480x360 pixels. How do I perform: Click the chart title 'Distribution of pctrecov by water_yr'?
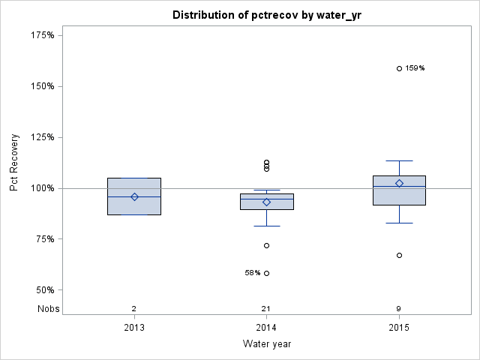coord(266,15)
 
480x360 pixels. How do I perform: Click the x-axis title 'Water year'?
coord(266,344)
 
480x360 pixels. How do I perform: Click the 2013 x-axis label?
coord(134,328)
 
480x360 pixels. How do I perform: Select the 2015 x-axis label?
coord(399,328)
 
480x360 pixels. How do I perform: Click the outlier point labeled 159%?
coord(399,68)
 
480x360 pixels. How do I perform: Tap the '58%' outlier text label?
coord(253,273)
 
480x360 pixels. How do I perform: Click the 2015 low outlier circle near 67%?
coord(399,256)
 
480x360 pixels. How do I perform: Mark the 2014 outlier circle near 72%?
coord(266,245)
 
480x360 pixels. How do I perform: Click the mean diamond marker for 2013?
coord(134,196)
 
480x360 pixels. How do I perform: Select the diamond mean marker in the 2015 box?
coord(399,183)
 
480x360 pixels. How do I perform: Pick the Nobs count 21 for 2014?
coord(266,308)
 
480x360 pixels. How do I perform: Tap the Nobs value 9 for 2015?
coord(399,308)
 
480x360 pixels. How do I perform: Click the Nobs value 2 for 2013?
coord(134,308)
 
